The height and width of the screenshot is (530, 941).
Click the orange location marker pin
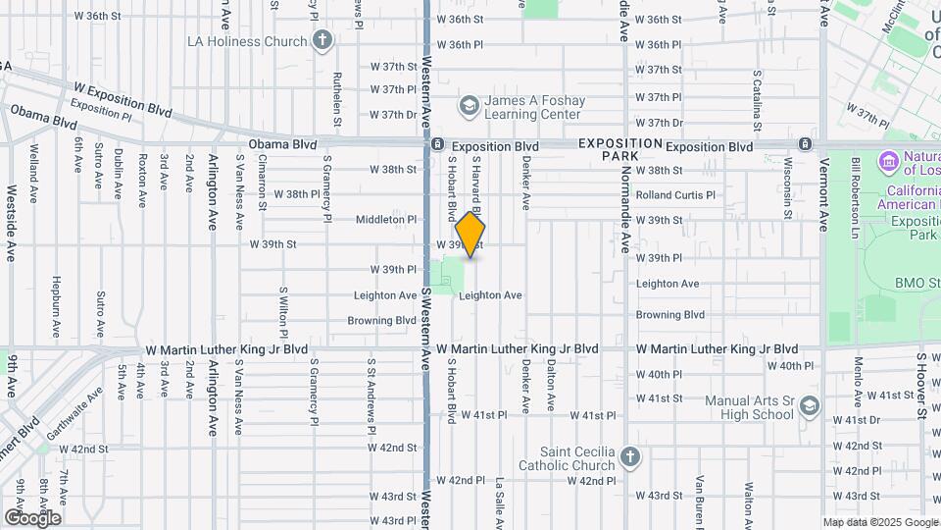[x=470, y=236]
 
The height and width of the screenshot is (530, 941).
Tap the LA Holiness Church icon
[x=322, y=41]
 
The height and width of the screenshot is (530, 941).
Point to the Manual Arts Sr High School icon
[x=809, y=405]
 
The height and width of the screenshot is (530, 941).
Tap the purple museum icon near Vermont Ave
[x=889, y=160]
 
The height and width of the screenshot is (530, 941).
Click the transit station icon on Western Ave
[x=436, y=145]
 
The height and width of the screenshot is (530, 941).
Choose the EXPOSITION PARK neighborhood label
[x=620, y=149]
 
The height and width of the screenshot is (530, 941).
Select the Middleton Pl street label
[x=386, y=220]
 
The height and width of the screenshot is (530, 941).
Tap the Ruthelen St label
[x=337, y=100]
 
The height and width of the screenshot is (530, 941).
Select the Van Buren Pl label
[x=700, y=501]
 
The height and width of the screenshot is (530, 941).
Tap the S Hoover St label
[x=920, y=386]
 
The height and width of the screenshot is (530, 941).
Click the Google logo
[x=31, y=518]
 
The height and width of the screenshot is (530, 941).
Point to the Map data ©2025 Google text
[x=879, y=522]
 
